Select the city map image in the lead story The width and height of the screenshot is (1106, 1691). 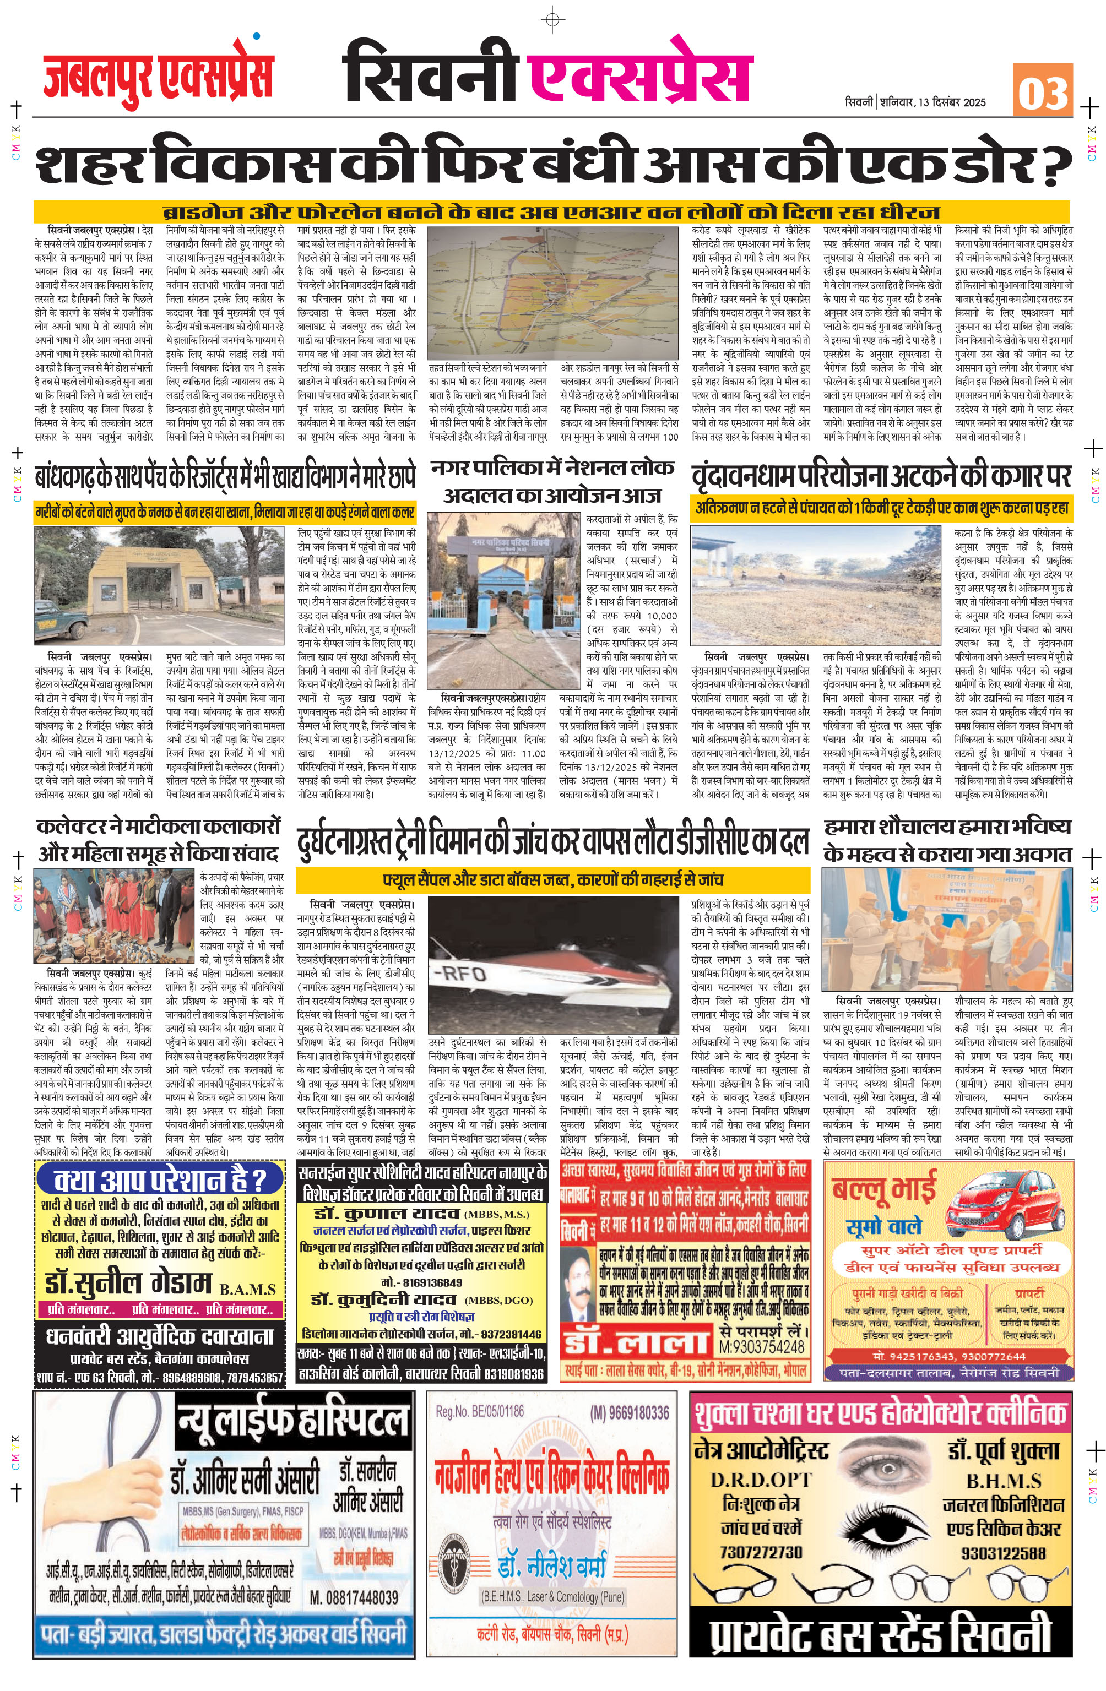point(553,293)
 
